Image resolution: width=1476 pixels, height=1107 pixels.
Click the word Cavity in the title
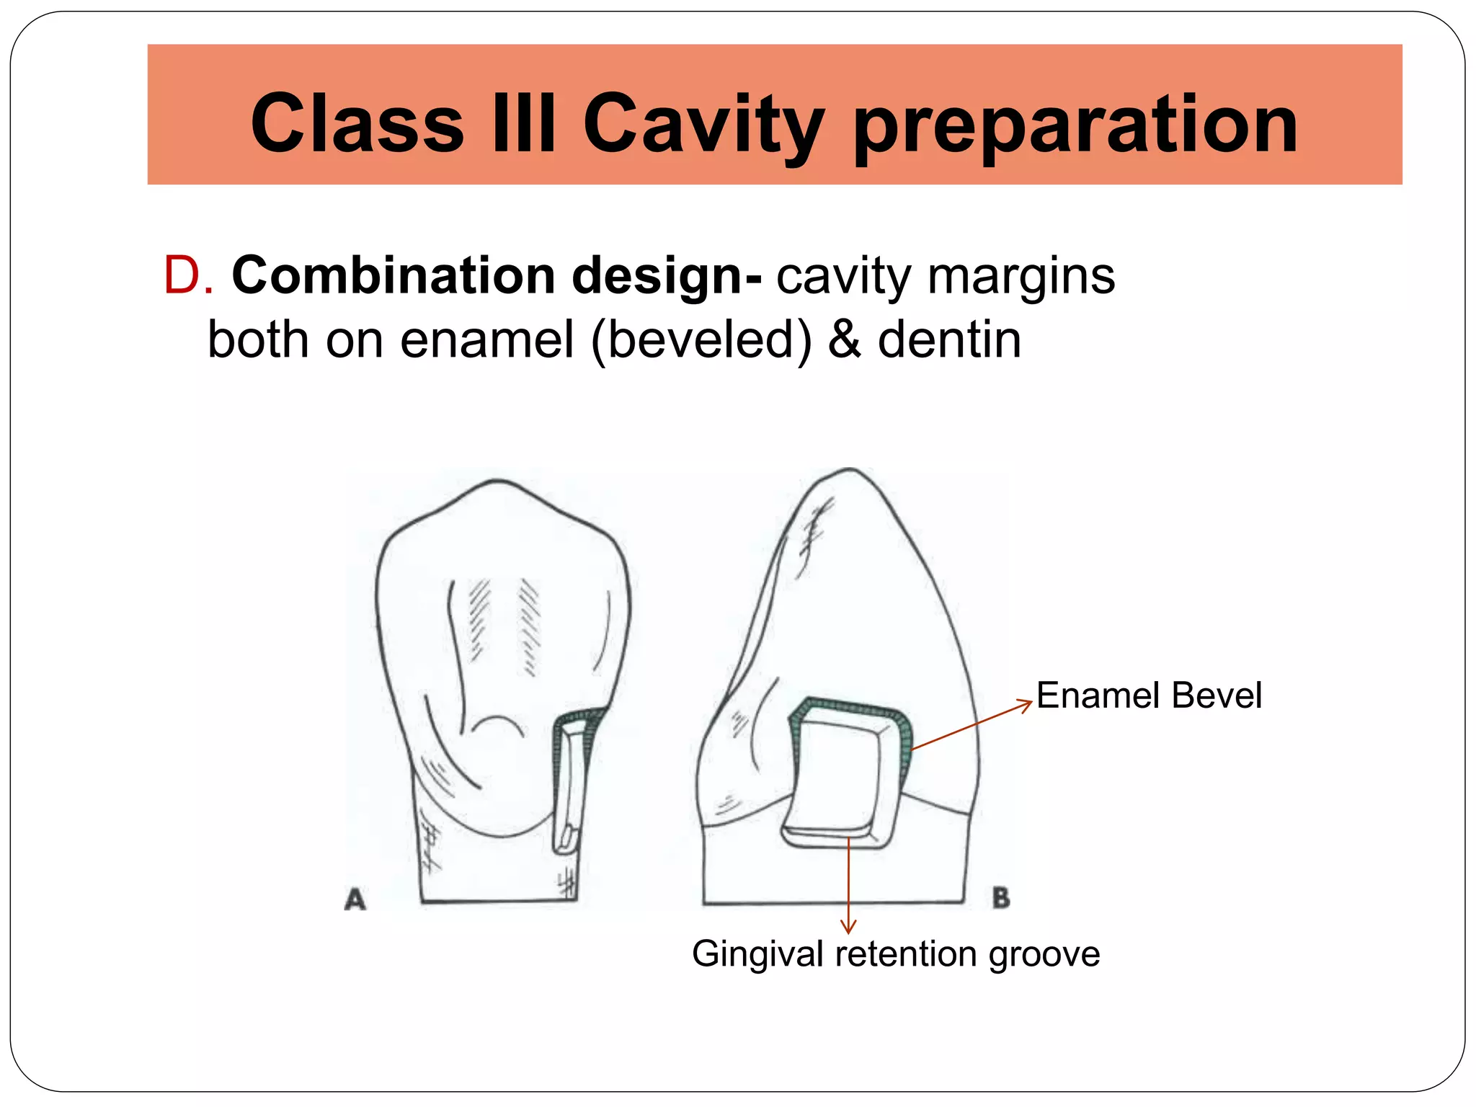[x=703, y=124]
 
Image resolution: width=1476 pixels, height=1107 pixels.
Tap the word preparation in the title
[x=1075, y=126]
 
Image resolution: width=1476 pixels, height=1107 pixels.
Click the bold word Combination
[x=393, y=276]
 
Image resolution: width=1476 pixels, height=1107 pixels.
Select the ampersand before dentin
[x=844, y=340]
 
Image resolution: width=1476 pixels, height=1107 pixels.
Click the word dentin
[x=949, y=340]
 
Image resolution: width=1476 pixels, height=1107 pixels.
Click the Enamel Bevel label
[x=1148, y=695]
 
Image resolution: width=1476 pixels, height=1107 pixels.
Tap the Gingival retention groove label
[x=895, y=953]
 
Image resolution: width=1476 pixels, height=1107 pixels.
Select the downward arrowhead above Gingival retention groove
[x=849, y=927]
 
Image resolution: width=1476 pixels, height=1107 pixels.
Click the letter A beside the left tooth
[x=355, y=899]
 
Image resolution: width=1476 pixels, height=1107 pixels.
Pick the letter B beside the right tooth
[x=1001, y=898]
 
